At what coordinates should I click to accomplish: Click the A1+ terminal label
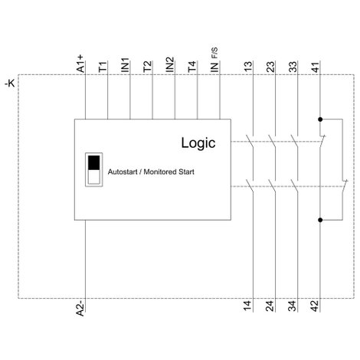click(80, 64)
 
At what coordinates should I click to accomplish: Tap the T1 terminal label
click(103, 67)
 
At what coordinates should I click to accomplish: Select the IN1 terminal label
click(125, 65)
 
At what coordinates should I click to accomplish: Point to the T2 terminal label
click(148, 67)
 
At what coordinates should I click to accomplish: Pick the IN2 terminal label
click(170, 64)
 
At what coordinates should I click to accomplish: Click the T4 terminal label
click(192, 67)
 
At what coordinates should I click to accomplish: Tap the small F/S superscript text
click(215, 53)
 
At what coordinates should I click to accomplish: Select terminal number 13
click(248, 67)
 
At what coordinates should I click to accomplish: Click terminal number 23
click(270, 67)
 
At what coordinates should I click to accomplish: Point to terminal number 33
click(293, 67)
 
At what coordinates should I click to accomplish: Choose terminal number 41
click(316, 67)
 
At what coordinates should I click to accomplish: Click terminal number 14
click(247, 306)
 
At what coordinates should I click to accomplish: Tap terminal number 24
click(270, 306)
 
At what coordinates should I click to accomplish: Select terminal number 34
click(293, 306)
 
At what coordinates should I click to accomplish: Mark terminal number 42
click(315, 306)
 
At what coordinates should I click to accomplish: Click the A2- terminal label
click(80, 308)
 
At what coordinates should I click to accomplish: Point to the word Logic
click(198, 143)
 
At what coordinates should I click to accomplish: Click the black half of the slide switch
click(94, 162)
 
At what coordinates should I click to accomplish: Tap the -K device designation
click(10, 83)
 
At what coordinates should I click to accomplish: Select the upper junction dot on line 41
click(320, 119)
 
